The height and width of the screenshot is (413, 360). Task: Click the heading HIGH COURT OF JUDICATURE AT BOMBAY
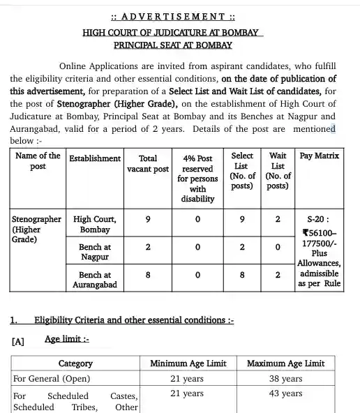point(172,32)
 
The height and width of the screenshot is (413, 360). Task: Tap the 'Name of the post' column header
point(38,161)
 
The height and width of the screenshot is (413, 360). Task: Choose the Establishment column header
point(94,158)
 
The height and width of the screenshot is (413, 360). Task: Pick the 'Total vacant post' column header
point(148,164)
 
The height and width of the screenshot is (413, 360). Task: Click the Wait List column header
point(278,171)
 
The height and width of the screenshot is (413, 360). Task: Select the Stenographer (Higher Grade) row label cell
point(37,229)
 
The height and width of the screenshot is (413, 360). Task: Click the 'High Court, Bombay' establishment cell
point(94,224)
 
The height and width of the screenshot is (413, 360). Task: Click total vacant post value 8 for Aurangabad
point(148,275)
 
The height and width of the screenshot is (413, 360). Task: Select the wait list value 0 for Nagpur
point(278,247)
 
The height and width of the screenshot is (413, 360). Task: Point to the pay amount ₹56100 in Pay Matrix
point(320,234)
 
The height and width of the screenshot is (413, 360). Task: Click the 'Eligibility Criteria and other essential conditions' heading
point(134,320)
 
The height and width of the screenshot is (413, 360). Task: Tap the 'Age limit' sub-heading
point(67,339)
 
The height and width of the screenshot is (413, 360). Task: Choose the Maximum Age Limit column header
point(285,363)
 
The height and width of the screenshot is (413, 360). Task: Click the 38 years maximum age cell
point(285,379)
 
